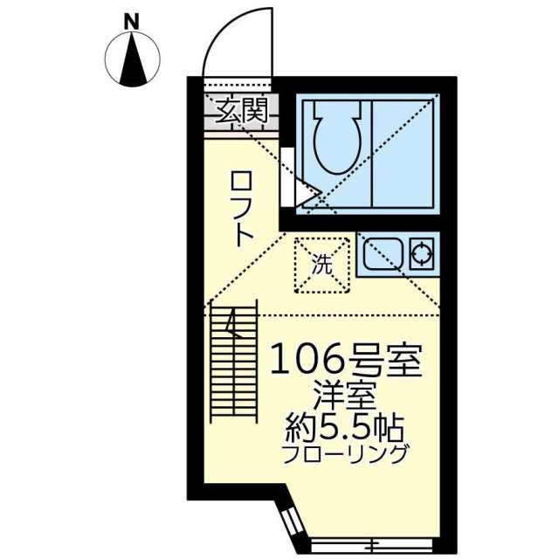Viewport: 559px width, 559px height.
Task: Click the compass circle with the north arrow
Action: [x=133, y=59]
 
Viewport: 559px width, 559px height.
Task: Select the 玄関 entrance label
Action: [x=242, y=111]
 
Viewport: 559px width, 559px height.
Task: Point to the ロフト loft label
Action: [x=242, y=208]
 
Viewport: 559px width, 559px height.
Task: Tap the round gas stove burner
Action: [x=422, y=254]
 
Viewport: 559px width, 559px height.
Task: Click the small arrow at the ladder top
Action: [x=231, y=326]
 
